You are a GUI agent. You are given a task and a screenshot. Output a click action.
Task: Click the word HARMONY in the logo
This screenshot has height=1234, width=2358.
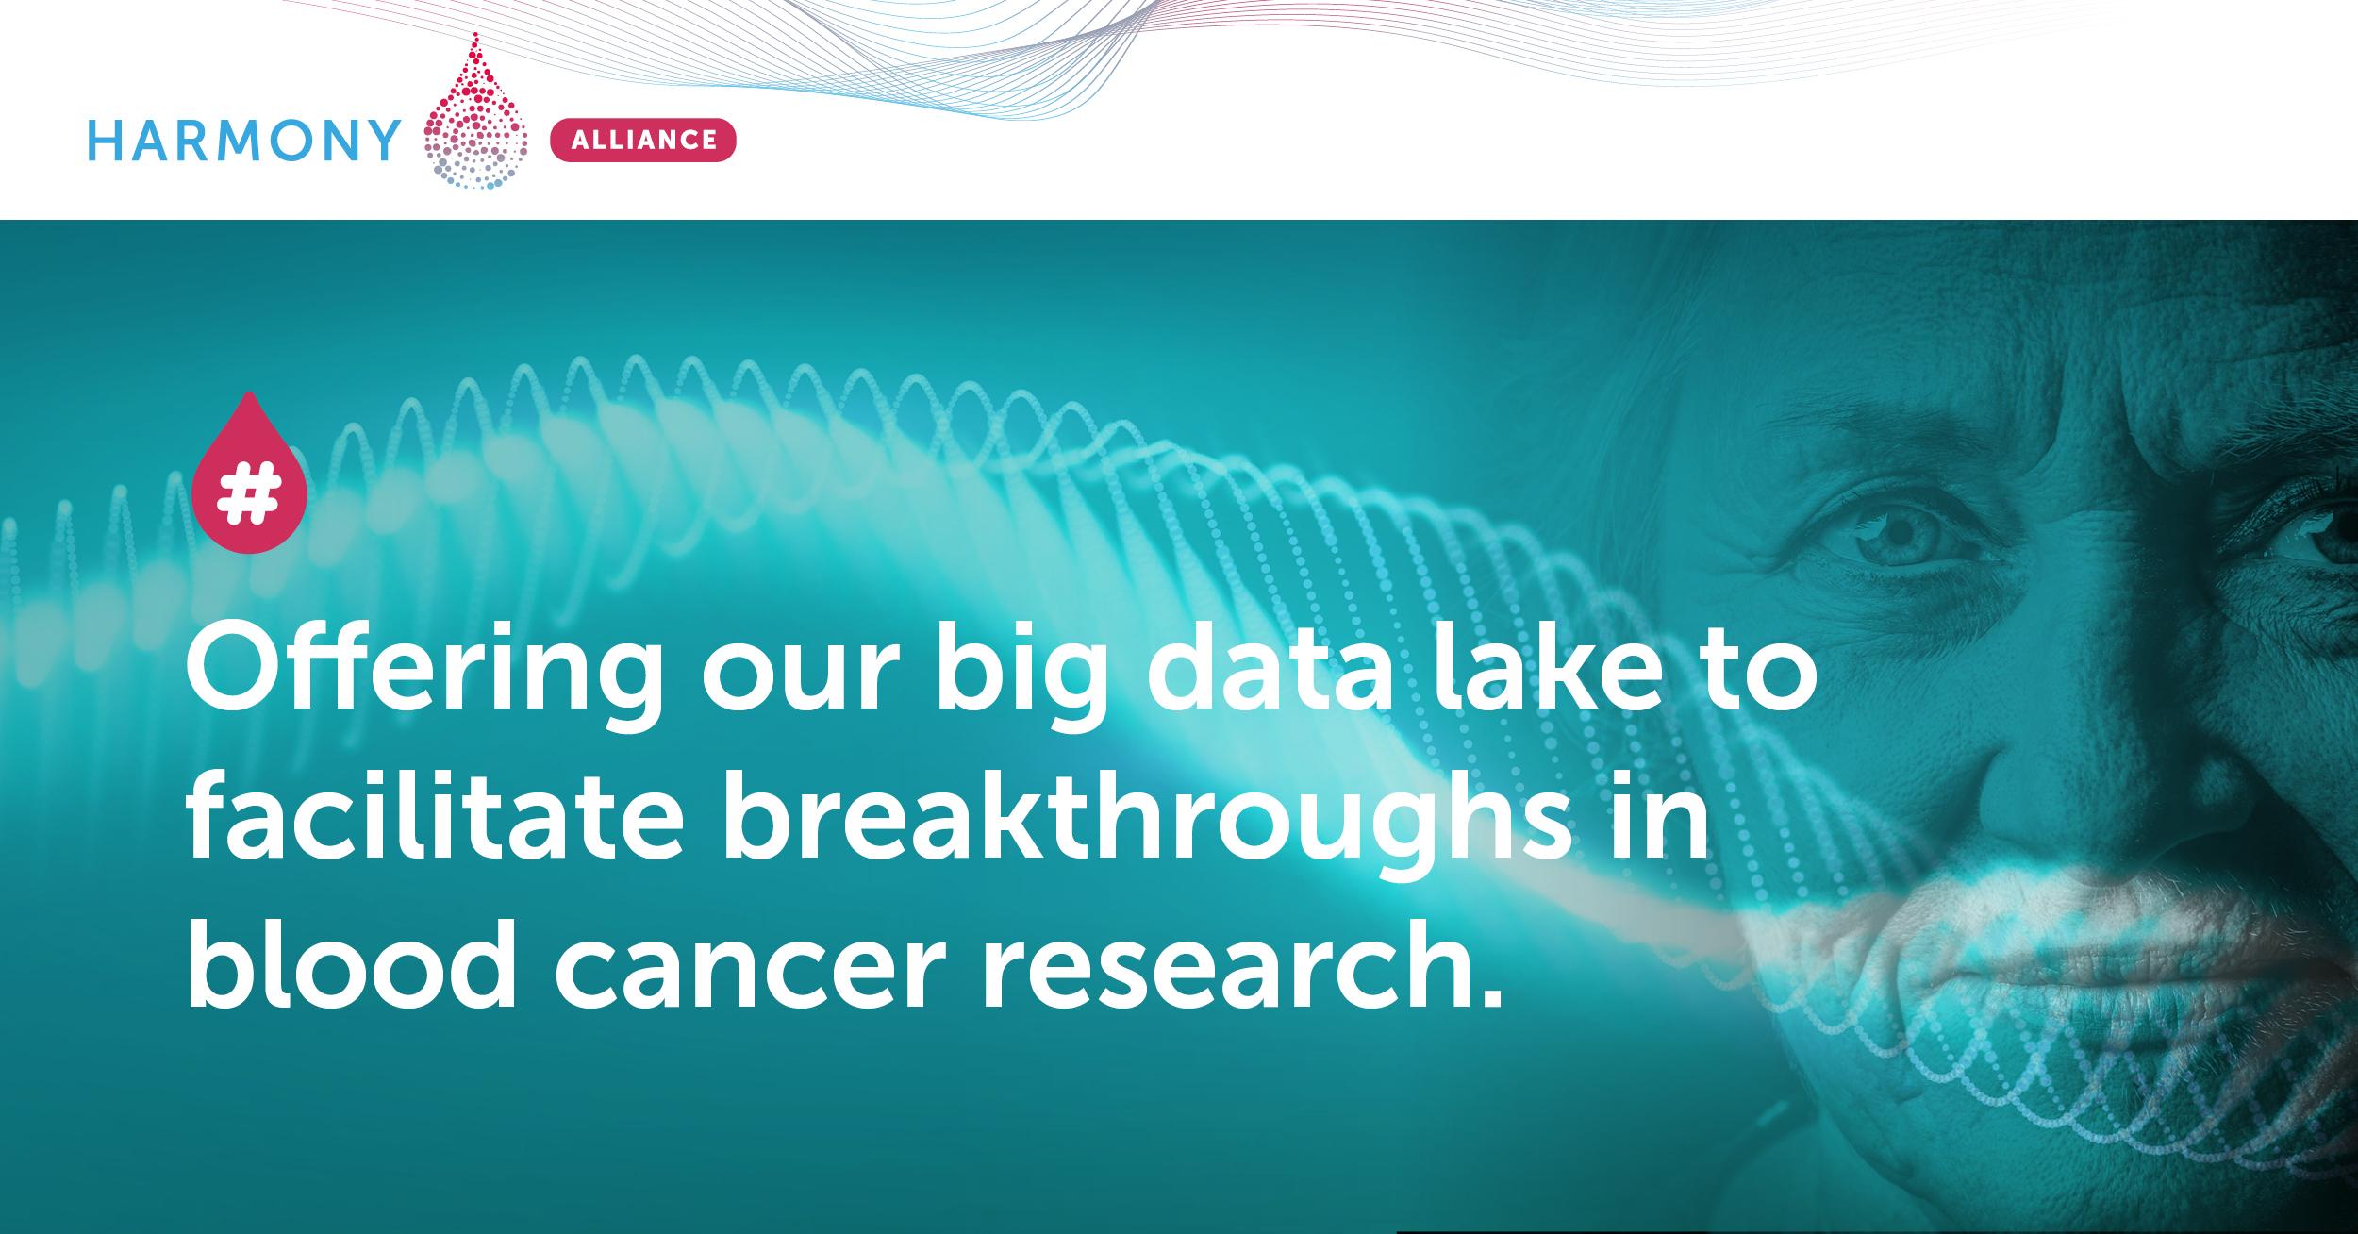tap(244, 141)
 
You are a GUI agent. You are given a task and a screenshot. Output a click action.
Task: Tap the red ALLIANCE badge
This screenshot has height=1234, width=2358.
tap(643, 140)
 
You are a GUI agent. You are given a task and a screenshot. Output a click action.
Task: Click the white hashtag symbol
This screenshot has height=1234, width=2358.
tap(249, 492)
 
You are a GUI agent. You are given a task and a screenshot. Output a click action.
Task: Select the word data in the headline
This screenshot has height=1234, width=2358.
tap(1270, 666)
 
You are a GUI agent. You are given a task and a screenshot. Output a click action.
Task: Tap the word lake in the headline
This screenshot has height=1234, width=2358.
tap(1548, 666)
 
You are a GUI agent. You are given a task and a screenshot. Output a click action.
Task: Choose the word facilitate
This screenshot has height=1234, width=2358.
tap(435, 813)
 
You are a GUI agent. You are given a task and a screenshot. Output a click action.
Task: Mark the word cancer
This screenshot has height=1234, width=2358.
tap(750, 973)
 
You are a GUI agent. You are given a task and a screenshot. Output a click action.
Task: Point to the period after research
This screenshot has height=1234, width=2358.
tap(1491, 996)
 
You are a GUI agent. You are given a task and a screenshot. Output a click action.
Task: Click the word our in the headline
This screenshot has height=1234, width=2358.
tap(801, 675)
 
